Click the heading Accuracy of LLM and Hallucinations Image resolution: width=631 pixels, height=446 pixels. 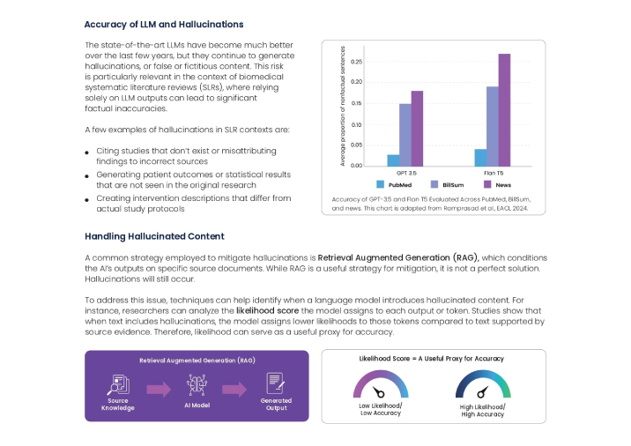coord(164,25)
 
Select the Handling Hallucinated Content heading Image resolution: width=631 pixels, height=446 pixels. coord(154,236)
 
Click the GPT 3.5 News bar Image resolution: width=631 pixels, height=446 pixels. coord(417,129)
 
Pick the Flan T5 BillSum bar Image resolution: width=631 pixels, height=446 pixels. coord(492,126)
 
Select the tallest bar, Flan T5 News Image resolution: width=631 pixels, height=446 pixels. coord(504,110)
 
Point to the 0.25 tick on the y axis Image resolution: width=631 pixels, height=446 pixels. coord(357,62)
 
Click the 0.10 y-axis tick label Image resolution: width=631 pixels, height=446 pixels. coord(357,124)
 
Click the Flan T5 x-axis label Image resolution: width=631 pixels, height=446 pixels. coord(493,173)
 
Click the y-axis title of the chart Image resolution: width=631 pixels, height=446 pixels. coord(342,108)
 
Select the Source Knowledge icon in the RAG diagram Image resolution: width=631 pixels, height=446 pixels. coord(117,386)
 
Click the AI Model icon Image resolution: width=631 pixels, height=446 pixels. coord(196,385)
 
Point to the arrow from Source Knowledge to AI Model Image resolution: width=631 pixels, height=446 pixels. coord(158,389)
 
